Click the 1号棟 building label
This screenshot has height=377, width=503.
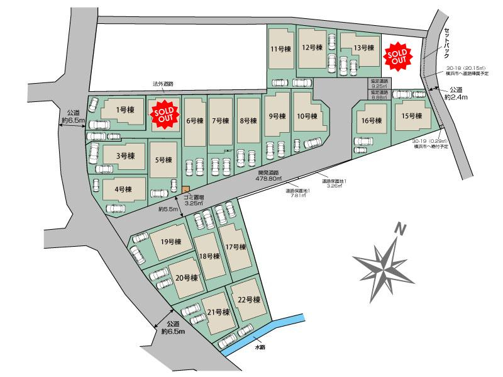tap(126, 110)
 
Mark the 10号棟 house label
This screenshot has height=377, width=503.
tap(307, 116)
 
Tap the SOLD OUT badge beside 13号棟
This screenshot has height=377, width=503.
tap(397, 55)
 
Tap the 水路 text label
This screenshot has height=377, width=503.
tap(260, 347)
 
